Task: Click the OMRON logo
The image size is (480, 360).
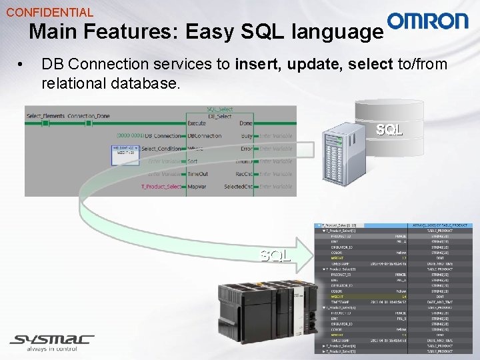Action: pos(428,21)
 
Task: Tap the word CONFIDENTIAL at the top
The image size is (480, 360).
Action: pos(50,12)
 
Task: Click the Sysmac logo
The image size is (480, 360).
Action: pos(52,341)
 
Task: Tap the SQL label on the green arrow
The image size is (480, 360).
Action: pos(275,255)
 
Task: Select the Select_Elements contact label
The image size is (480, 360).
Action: pos(45,116)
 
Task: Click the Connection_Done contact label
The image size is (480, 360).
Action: pos(89,116)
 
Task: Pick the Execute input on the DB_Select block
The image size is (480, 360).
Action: pos(197,123)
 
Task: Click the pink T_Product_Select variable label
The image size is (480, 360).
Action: pos(161,187)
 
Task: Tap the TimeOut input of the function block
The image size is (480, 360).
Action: pos(198,174)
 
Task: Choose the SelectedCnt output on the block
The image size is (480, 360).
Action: pos(237,187)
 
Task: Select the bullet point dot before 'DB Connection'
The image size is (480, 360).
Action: pos(22,65)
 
